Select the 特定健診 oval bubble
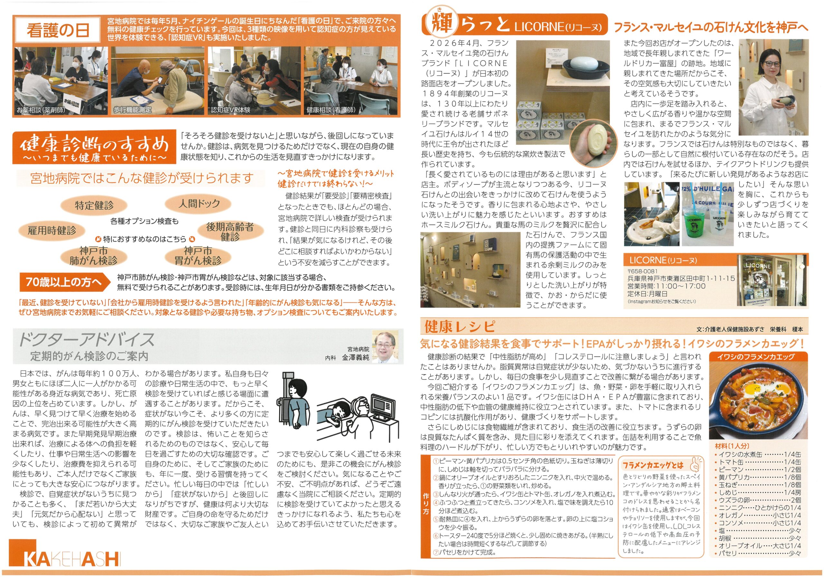94,205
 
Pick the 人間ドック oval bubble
199,204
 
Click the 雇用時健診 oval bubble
52,230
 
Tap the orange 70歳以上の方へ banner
65,282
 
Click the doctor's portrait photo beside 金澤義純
385,347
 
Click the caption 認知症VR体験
230,110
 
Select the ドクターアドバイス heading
86,339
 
